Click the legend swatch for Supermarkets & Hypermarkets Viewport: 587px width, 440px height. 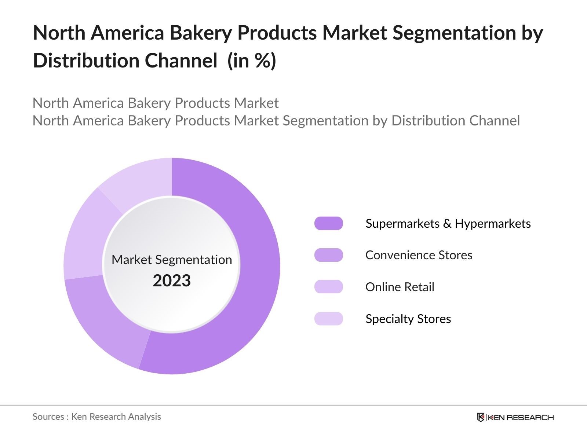pos(328,223)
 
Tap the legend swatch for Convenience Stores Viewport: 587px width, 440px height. pos(328,255)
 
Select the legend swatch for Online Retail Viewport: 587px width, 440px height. pos(328,287)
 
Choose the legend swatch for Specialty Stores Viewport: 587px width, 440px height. pos(328,319)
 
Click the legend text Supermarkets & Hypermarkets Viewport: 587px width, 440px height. pos(448,223)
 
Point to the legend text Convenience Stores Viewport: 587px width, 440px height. pos(419,255)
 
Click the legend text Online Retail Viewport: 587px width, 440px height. pos(400,287)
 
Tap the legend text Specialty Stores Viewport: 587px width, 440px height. pos(408,319)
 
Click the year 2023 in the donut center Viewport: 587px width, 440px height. pos(172,280)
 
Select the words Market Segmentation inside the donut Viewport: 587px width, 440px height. pos(172,260)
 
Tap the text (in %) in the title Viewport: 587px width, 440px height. pos(252,60)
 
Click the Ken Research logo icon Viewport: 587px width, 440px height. pos(481,417)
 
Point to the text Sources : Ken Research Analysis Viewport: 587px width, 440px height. pos(96,417)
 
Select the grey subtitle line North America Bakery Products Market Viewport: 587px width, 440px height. pos(156,103)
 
